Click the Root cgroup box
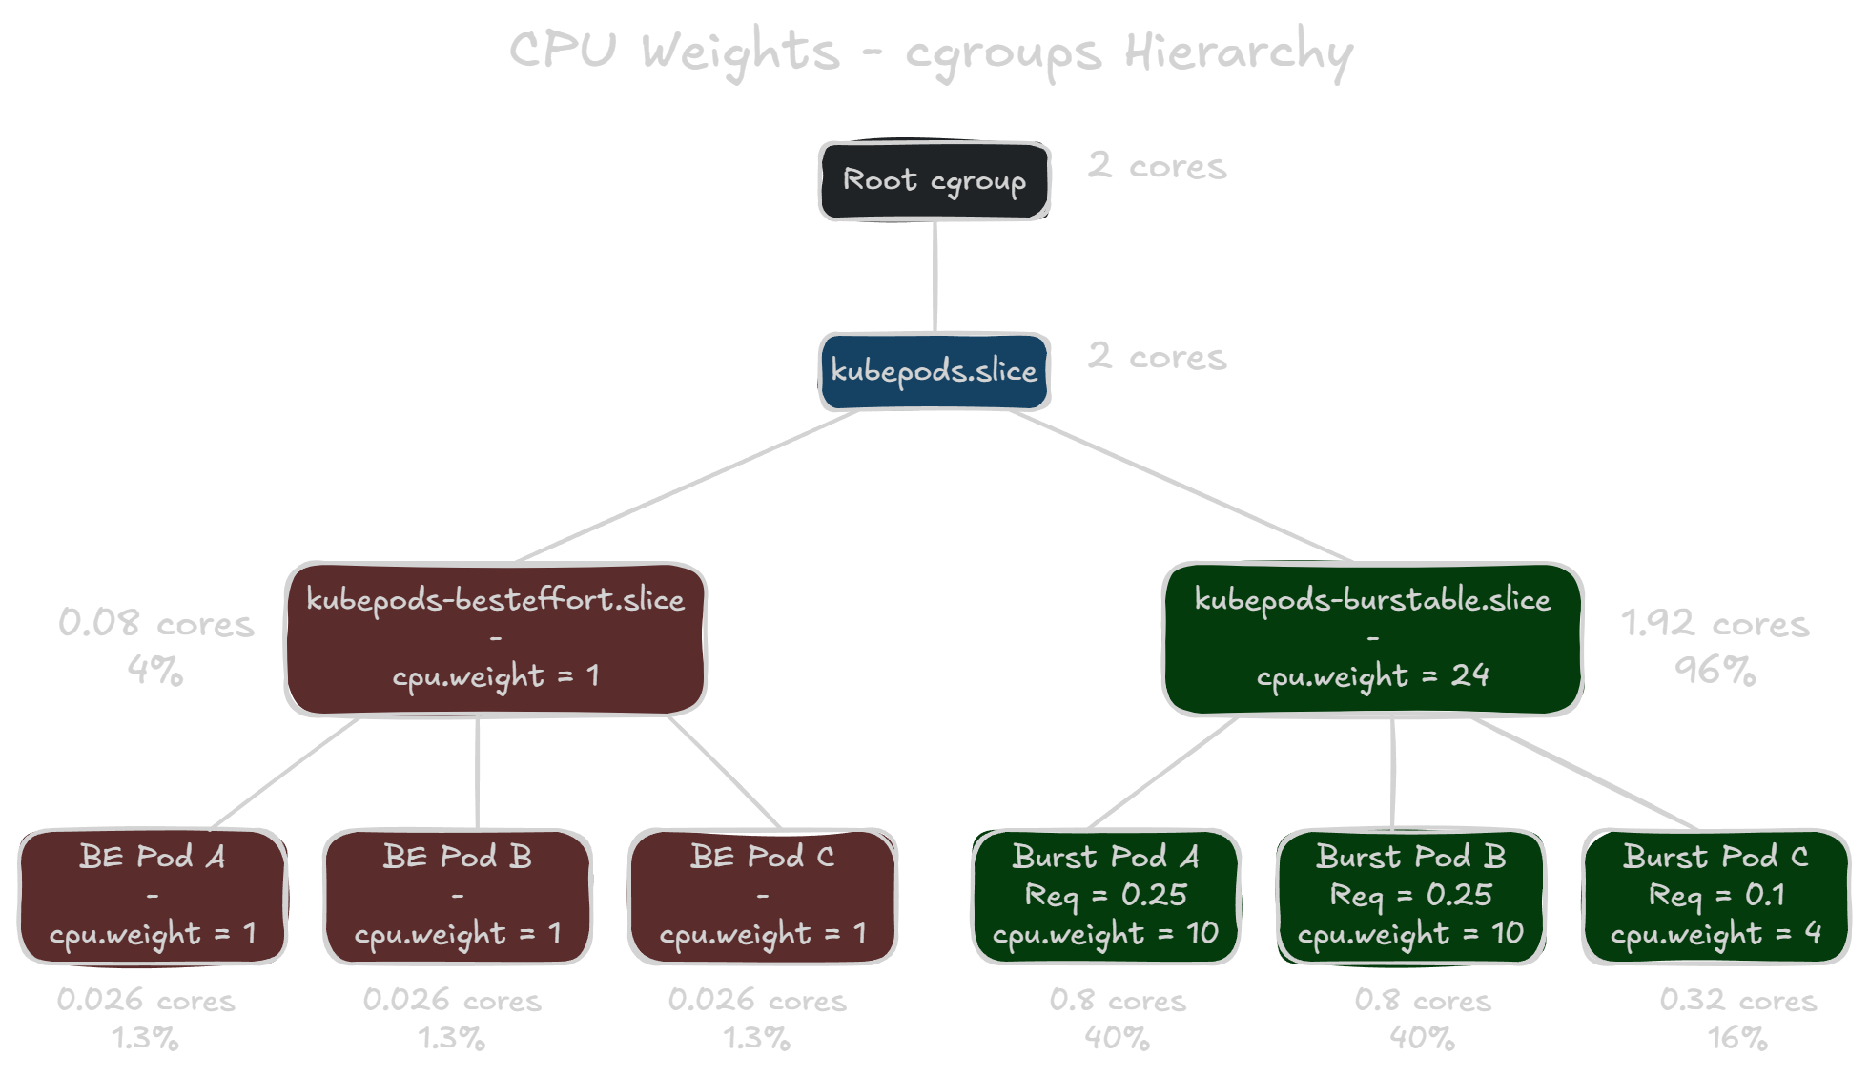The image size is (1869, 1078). coord(934,181)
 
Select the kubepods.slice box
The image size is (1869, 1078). coord(934,371)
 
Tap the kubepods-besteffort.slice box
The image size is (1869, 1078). coord(496,638)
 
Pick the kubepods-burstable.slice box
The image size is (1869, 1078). coord(1372,638)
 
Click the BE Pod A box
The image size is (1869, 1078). coord(153,896)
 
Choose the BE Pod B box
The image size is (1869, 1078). coord(458,896)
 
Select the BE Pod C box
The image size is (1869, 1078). coord(763,896)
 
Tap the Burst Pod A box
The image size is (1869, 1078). coord(1106,896)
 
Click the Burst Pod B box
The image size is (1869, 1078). coord(1410,896)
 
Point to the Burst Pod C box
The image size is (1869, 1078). coord(1716,896)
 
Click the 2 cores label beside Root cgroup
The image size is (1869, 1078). coord(1157,166)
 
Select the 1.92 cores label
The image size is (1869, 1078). coord(1715,624)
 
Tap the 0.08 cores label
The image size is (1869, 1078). coord(156,624)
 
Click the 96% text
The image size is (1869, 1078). coord(1715,671)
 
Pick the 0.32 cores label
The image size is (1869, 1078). coord(1737,1000)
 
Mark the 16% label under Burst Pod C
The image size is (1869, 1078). coord(1737,1038)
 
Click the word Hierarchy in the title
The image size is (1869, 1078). coord(1238,52)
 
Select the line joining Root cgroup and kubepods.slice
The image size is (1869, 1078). coord(934,277)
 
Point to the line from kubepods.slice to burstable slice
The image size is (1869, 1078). coord(1182,487)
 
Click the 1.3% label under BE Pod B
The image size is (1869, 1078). coord(452,1038)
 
